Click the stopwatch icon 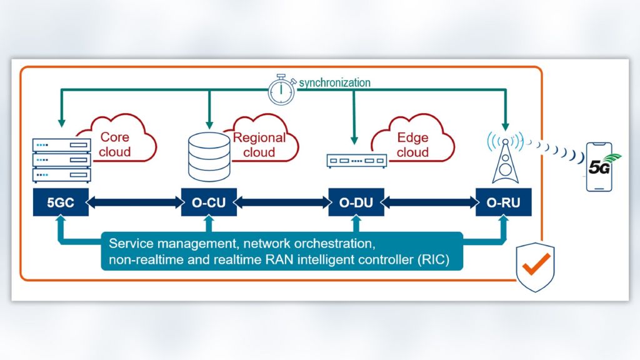(281, 89)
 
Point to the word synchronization (334, 82)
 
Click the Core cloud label (116, 144)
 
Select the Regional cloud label (259, 144)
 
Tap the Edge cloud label (413, 144)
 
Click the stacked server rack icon (61, 160)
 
